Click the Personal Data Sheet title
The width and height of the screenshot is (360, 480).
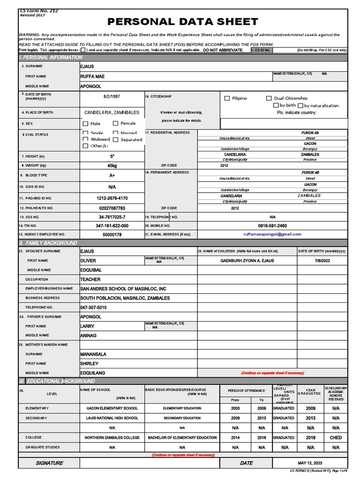[x=183, y=22]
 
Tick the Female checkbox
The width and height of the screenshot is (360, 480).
[x=116, y=124]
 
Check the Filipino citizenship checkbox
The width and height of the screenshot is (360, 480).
[x=227, y=98]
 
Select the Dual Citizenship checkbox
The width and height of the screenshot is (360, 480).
[x=269, y=98]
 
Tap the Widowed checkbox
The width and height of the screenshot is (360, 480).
[x=85, y=139]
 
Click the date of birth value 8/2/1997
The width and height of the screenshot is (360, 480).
[x=112, y=96]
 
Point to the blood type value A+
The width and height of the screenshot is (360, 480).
[x=112, y=175]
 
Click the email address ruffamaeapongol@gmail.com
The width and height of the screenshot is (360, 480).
[x=272, y=234]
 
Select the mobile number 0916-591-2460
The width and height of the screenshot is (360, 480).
[x=272, y=225]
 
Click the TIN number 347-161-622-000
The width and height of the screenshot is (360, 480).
[x=112, y=225]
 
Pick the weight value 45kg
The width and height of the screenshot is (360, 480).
[x=112, y=165]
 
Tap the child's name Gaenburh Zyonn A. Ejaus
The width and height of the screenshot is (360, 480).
[x=247, y=261]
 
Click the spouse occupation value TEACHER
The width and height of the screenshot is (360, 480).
[x=90, y=279]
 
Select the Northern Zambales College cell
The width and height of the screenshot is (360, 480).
[x=112, y=437]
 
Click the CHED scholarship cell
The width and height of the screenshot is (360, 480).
[x=336, y=437]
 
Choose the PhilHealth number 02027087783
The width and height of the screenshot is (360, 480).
[x=112, y=208]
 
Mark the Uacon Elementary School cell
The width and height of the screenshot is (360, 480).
[x=112, y=408]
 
